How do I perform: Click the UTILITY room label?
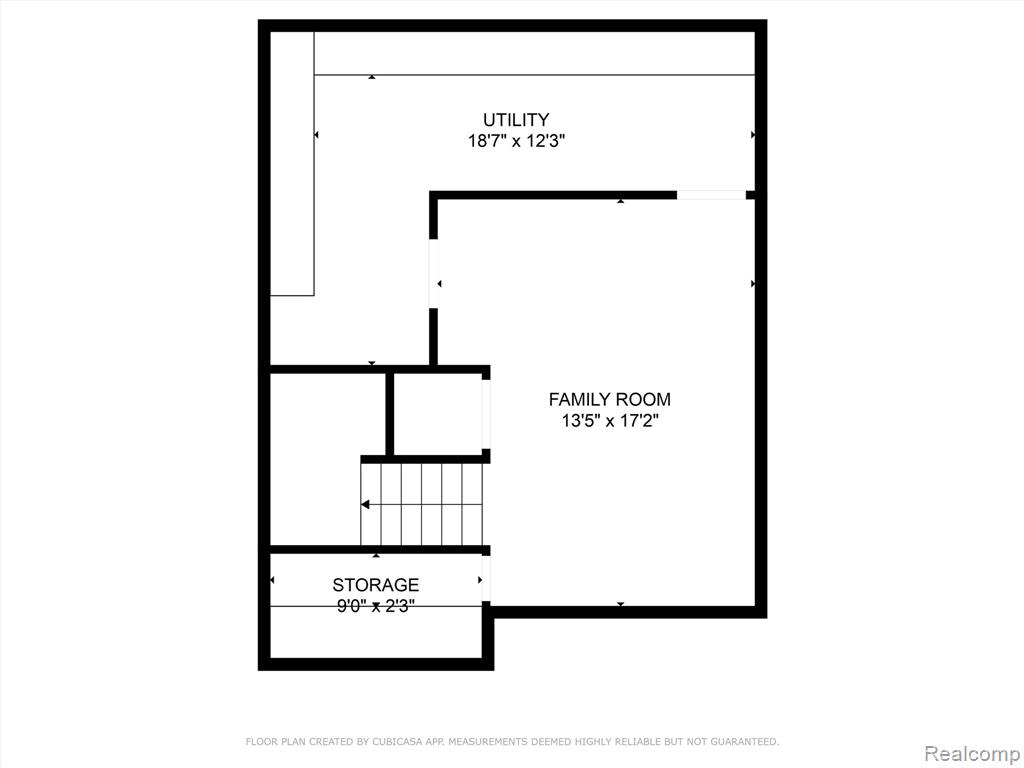(x=516, y=120)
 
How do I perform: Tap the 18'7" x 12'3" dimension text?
(x=516, y=141)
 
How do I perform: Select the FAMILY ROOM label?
(x=609, y=399)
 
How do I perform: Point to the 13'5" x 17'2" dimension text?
(x=609, y=421)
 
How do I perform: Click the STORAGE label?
(x=376, y=584)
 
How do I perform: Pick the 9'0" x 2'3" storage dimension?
(x=376, y=606)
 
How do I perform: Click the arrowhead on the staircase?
(x=365, y=504)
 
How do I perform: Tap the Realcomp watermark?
(x=972, y=753)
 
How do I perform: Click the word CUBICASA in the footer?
(x=396, y=741)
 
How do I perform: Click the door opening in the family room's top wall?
(x=711, y=195)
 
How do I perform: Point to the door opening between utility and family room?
(x=433, y=273)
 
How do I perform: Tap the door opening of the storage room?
(x=486, y=578)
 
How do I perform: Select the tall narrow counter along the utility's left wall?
(x=292, y=163)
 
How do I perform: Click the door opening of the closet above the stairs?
(x=486, y=414)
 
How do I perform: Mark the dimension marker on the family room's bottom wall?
(x=620, y=604)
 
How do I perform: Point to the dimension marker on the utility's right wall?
(x=753, y=135)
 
